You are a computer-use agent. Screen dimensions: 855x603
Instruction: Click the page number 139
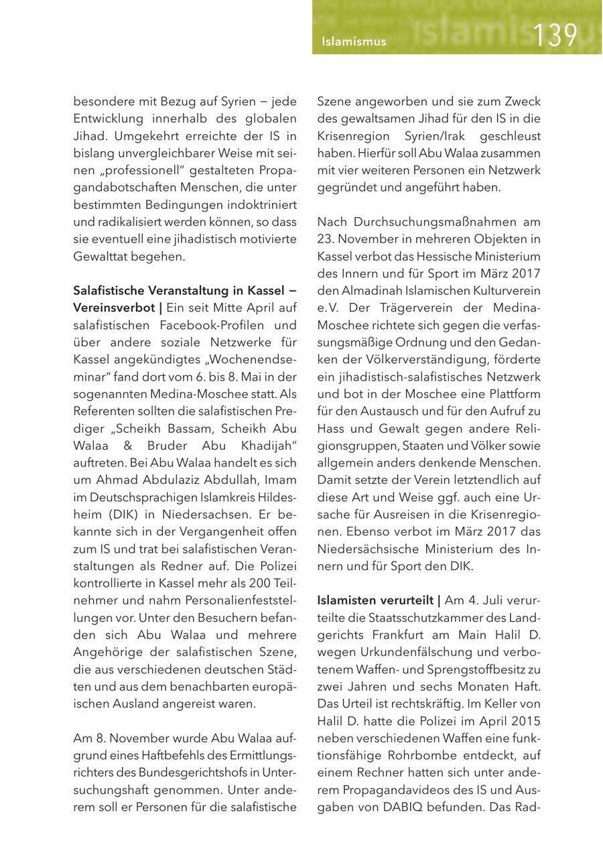point(555,35)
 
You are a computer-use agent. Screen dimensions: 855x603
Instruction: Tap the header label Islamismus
point(354,42)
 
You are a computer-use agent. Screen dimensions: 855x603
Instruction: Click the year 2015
point(526,721)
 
